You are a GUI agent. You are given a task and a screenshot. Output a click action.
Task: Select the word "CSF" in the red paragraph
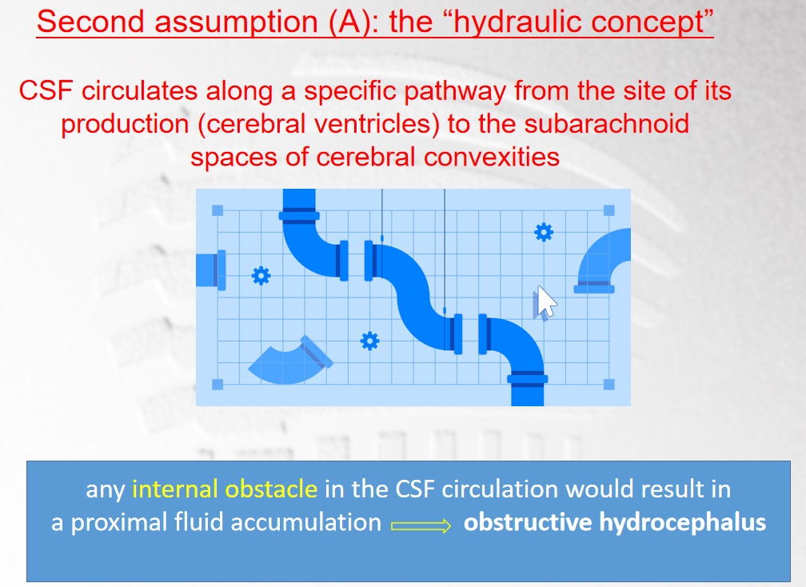[x=46, y=91]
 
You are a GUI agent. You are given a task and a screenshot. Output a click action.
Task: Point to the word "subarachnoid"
[x=607, y=124]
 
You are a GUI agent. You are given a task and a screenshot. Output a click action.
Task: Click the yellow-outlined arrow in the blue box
[x=421, y=525]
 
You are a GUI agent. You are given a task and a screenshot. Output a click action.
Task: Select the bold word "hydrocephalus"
[x=682, y=523]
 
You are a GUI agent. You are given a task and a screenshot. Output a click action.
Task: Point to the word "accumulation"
[x=305, y=522]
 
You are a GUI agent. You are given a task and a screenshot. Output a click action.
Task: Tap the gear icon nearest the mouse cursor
[x=544, y=233]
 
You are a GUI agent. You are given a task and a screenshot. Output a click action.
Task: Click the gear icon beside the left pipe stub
[x=261, y=276]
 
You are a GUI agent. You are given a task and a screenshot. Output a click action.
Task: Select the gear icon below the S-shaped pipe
[x=370, y=341]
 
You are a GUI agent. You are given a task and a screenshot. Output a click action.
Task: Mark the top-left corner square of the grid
[x=217, y=210]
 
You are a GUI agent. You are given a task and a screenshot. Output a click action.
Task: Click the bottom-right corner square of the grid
[x=609, y=385]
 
